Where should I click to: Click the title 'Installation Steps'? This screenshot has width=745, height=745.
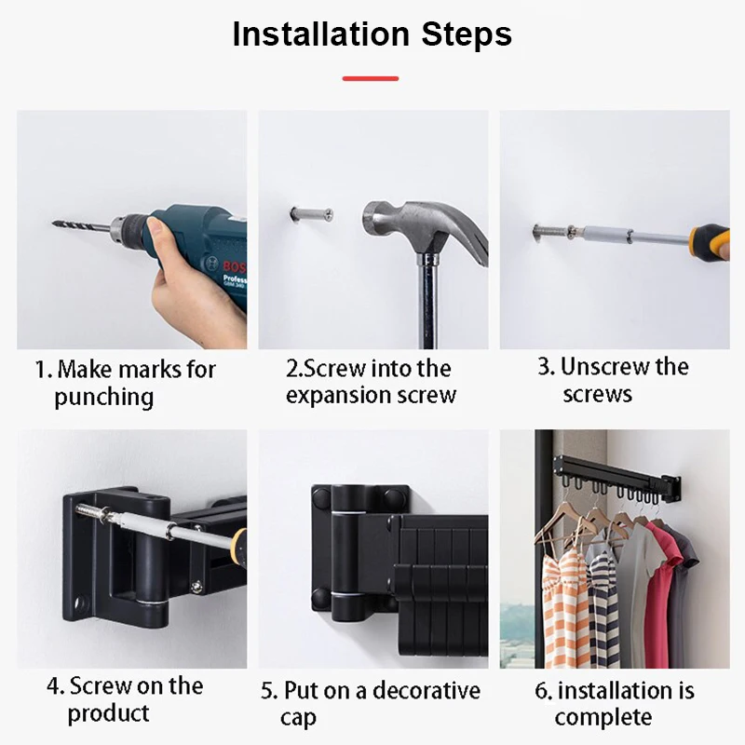pyautogui.click(x=372, y=34)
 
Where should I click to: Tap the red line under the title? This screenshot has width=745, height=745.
pyautogui.click(x=371, y=78)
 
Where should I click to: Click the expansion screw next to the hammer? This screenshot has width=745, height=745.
pyautogui.click(x=311, y=214)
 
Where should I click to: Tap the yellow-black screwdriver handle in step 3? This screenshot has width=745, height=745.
pyautogui.click(x=710, y=242)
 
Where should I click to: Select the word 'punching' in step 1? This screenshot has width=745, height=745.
pyautogui.click(x=104, y=398)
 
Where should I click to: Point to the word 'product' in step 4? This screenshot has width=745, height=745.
pyautogui.click(x=108, y=713)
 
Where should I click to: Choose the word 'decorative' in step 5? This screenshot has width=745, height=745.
pyautogui.click(x=427, y=690)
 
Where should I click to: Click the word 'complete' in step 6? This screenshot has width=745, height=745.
pyautogui.click(x=603, y=717)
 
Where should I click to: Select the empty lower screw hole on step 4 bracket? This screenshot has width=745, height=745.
pyautogui.click(x=80, y=603)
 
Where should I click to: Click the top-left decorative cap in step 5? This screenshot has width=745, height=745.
pyautogui.click(x=321, y=496)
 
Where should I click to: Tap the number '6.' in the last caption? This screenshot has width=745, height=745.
pyautogui.click(x=543, y=691)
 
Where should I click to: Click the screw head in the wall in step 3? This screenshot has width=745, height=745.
pyautogui.click(x=537, y=233)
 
